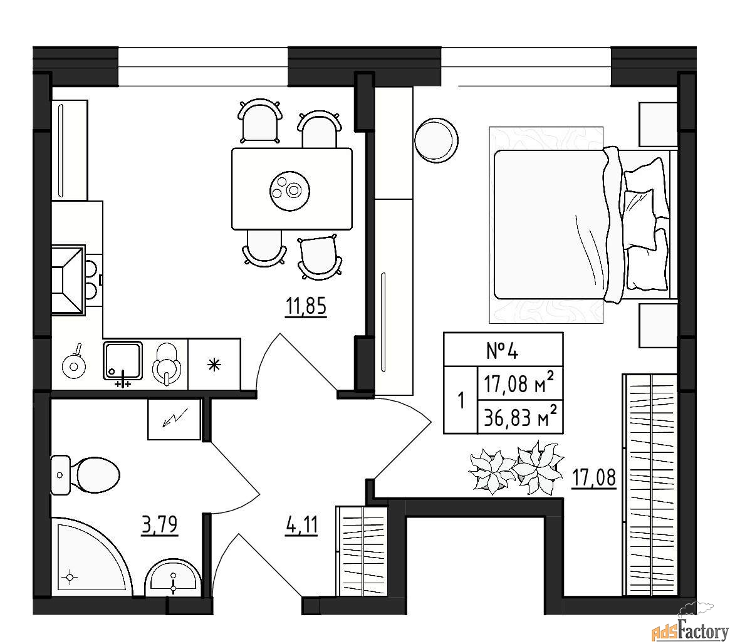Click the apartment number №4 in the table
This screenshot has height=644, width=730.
(x=503, y=350)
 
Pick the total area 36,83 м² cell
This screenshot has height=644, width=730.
(x=519, y=417)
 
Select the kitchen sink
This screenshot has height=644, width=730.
(x=123, y=361)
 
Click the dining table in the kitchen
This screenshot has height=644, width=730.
(x=291, y=189)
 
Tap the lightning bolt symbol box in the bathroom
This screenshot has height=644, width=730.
(x=174, y=419)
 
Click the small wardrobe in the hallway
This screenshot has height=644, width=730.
(x=362, y=551)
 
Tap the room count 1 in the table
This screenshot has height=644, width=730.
(x=461, y=400)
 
